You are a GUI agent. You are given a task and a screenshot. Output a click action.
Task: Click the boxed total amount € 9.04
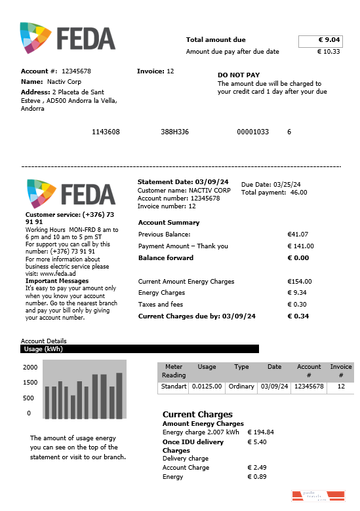[319, 41]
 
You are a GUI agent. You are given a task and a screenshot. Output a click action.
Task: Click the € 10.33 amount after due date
[329, 52]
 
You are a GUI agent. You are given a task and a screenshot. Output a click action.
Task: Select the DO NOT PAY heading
[239, 75]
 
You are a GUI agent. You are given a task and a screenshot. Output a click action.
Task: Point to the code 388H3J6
[174, 132]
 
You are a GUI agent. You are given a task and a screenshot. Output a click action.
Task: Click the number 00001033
[252, 132]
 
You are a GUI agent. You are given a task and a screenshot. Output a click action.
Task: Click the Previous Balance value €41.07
[298, 234]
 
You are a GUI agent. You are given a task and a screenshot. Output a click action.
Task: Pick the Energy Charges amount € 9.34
[298, 293]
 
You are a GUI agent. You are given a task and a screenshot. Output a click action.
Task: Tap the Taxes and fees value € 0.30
[298, 305]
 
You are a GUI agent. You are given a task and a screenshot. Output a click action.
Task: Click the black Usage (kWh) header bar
[140, 349]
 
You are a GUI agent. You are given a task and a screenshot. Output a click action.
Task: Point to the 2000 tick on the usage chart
[31, 368]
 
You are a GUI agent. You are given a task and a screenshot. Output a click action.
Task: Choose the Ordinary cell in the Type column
[241, 387]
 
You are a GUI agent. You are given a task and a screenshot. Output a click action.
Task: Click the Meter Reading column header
[174, 371]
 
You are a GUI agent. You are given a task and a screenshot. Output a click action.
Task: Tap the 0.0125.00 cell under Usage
[207, 387]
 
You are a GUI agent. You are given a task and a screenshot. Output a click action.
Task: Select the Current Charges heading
[197, 415]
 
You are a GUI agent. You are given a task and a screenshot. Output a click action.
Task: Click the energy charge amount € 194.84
[260, 432]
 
